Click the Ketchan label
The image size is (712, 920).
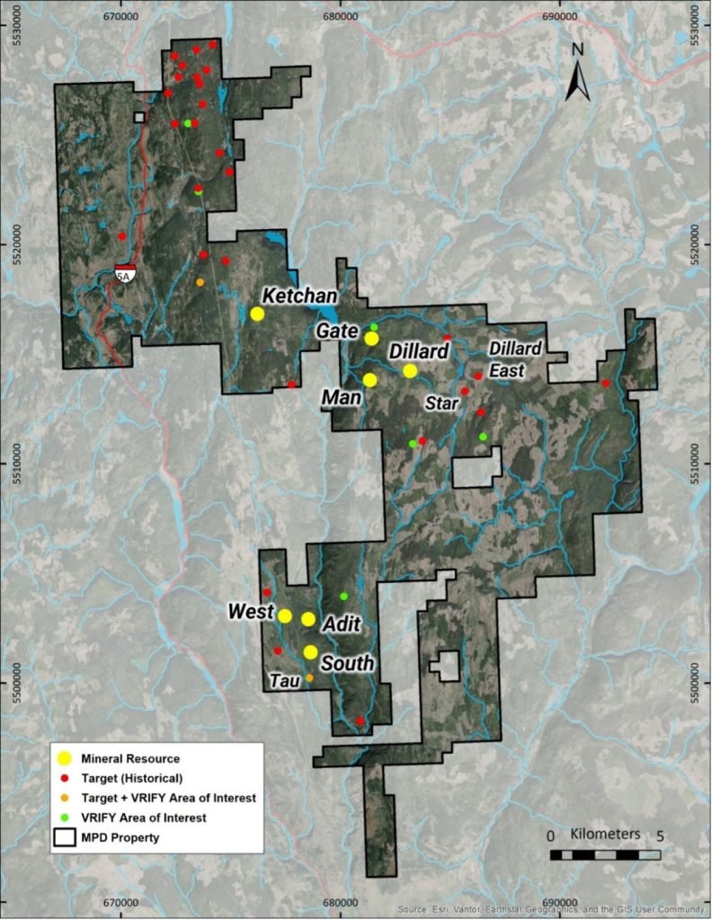(299, 296)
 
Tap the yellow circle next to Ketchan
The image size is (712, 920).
(257, 314)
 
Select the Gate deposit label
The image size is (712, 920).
(336, 332)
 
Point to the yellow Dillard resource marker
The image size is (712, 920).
(410, 371)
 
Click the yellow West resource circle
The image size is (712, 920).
(285, 615)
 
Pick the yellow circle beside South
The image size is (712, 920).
(310, 652)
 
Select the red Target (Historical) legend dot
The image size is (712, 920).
(66, 777)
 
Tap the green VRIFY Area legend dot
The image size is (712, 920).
(66, 818)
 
